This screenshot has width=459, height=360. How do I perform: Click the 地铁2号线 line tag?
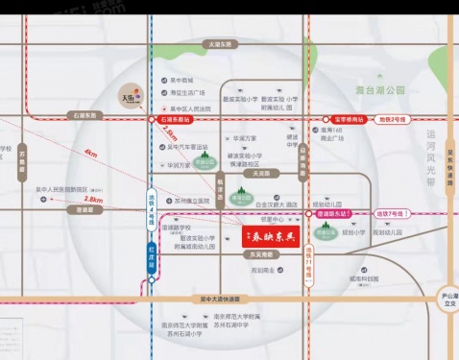(395, 119)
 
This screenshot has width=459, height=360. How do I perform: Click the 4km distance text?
(90, 154)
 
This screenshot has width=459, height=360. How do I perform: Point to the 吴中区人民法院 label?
(191, 108)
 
